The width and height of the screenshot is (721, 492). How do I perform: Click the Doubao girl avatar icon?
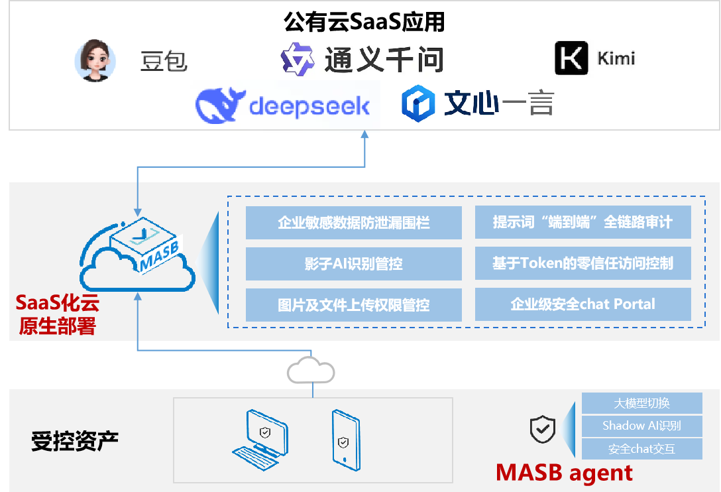pos(94,61)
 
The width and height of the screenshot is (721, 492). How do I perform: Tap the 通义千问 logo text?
pos(383,60)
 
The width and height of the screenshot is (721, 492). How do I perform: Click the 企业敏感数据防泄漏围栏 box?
pos(353,223)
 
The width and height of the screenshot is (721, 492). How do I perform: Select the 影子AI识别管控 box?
pos(353,264)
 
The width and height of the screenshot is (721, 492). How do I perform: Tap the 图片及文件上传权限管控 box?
pos(353,305)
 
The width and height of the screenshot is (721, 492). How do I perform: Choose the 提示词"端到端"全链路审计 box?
pos(582,222)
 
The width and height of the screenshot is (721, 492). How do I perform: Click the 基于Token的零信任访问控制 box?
pos(582,263)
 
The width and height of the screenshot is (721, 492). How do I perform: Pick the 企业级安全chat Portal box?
pos(582,304)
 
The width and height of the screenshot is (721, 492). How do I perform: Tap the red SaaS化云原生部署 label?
pos(56,315)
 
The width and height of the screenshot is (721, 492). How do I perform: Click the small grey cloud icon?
pos(310,370)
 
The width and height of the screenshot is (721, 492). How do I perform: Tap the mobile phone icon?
pos(345,438)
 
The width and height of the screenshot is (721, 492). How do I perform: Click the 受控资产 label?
pos(74,441)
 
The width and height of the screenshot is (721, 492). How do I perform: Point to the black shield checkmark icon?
pos(542,430)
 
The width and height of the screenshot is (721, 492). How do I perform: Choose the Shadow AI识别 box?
pos(641,426)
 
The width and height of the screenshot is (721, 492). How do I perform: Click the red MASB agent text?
pos(564,473)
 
